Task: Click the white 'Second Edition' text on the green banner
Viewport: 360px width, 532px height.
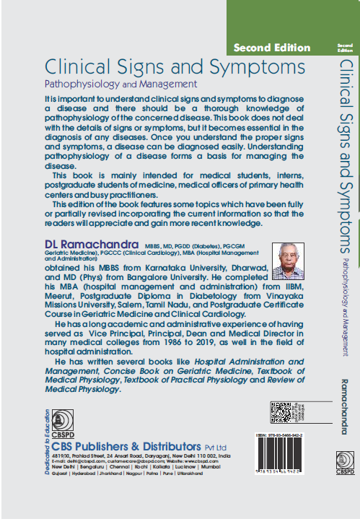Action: (271, 48)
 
